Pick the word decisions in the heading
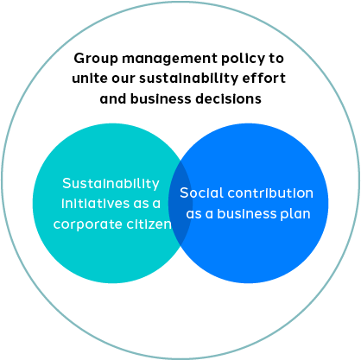229,98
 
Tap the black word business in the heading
161,98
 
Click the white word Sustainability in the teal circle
111,184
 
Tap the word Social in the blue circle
201,193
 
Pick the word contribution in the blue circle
270,193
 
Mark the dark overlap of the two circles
180,203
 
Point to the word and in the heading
113,98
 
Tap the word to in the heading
276,59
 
